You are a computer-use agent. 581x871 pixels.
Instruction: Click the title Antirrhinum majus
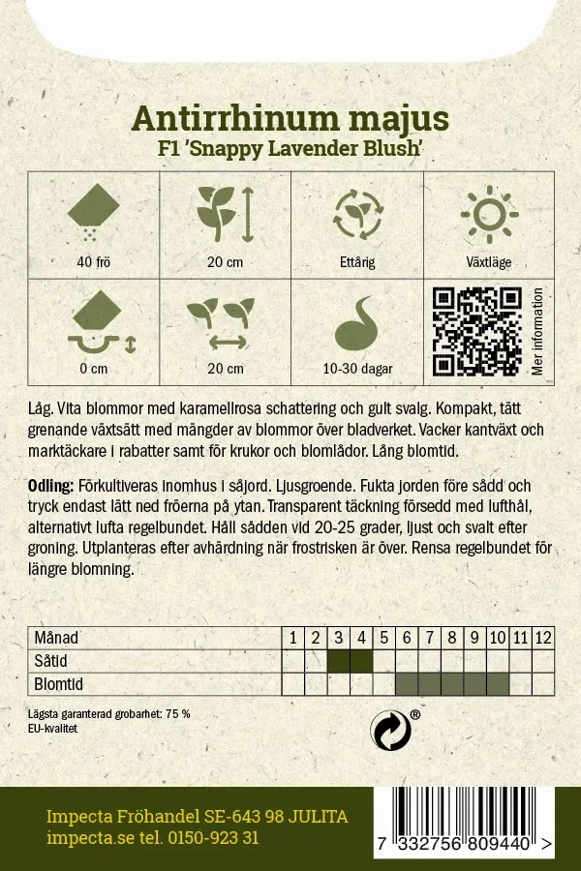290,118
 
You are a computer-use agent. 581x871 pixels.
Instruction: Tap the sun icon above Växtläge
488,215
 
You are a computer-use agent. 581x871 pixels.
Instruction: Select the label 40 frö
93,262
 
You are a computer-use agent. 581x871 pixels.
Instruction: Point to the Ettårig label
356,262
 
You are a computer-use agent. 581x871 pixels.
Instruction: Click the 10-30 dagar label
357,369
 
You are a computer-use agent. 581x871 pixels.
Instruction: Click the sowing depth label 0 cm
94,369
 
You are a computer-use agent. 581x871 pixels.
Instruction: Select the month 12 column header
543,638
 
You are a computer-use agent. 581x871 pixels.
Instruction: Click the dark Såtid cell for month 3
338,661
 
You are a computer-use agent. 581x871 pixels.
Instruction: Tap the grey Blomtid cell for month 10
498,684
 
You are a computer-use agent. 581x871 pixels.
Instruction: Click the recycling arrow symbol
391,732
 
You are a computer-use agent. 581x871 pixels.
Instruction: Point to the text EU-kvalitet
53,728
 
